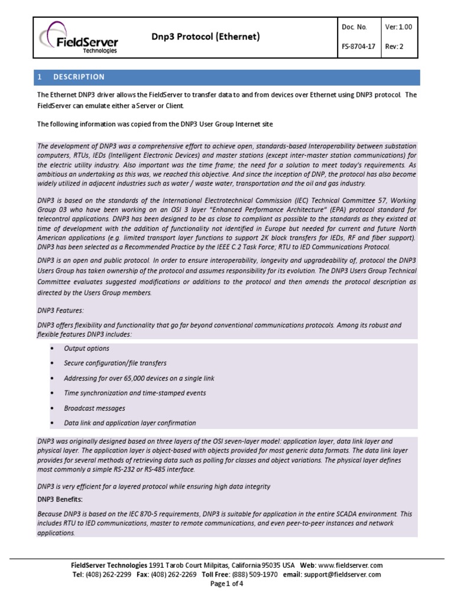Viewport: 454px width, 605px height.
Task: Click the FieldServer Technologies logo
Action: pyautogui.click(x=79, y=38)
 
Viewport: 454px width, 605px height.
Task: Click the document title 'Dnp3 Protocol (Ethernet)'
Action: pyautogui.click(x=206, y=37)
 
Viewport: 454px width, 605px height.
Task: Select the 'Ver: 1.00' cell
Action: pyautogui.click(x=398, y=27)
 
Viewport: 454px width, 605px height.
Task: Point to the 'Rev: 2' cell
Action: pyautogui.click(x=394, y=47)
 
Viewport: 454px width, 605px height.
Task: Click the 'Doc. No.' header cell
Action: pyautogui.click(x=354, y=27)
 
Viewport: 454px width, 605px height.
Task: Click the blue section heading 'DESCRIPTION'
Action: pyautogui.click(x=79, y=77)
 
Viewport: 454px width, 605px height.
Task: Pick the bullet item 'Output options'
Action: pyautogui.click(x=86, y=349)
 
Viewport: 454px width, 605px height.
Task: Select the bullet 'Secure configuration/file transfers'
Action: pyautogui.click(x=115, y=363)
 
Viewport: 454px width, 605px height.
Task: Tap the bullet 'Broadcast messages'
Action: pyautogui.click(x=95, y=408)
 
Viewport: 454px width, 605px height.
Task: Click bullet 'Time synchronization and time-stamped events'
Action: pyautogui.click(x=135, y=393)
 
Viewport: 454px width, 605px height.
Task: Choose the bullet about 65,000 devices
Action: pyautogui.click(x=139, y=378)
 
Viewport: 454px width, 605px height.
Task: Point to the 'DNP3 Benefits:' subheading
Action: pyautogui.click(x=61, y=499)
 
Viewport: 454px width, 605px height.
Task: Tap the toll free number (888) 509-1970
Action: pyautogui.click(x=254, y=574)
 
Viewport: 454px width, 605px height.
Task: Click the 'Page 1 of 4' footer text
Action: pyautogui.click(x=227, y=584)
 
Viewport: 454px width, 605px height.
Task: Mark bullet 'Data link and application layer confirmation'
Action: pyautogui.click(x=130, y=423)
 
